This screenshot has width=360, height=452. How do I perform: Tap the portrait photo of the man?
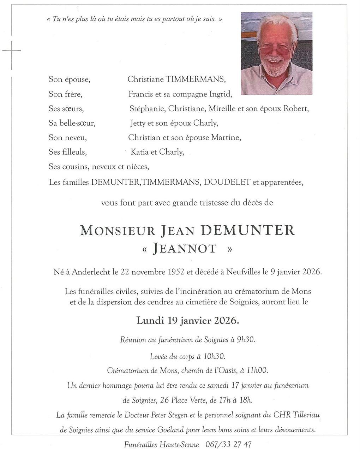tap(276, 53)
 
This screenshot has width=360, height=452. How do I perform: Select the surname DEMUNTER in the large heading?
tap(248, 230)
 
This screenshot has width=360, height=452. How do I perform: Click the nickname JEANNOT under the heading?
tap(185, 249)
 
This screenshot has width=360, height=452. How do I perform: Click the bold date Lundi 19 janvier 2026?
tap(188, 321)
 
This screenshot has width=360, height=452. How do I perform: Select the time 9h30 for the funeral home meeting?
tap(246, 340)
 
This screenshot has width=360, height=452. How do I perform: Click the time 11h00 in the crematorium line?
tap(257, 370)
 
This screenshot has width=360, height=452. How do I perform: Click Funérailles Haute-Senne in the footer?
tap(161, 444)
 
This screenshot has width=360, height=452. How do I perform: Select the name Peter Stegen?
tap(170, 415)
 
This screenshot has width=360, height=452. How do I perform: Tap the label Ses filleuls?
tap(68, 152)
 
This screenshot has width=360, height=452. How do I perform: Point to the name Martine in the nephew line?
tap(226, 137)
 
